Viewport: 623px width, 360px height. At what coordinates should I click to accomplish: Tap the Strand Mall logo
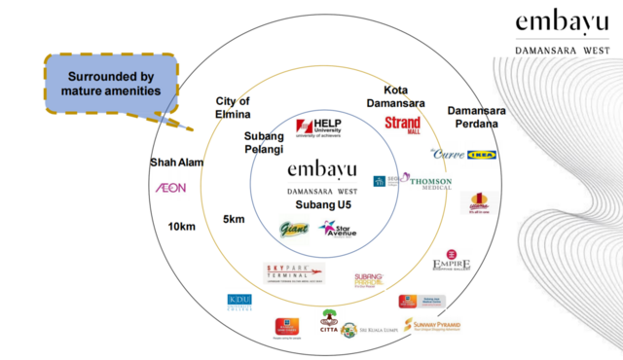(x=402, y=125)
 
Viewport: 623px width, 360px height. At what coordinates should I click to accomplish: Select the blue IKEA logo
(x=482, y=155)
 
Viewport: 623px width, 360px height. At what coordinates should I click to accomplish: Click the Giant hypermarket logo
(x=294, y=229)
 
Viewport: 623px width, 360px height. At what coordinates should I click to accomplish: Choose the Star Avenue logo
(x=340, y=230)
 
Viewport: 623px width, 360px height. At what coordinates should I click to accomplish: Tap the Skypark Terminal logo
(x=294, y=273)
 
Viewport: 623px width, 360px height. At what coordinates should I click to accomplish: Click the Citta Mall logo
(x=330, y=321)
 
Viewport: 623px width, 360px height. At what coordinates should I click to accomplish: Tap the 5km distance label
(x=234, y=219)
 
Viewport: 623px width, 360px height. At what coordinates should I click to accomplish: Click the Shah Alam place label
(x=177, y=162)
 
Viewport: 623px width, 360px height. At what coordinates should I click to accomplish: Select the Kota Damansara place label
(x=395, y=96)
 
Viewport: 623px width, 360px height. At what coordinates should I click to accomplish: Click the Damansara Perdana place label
(x=473, y=118)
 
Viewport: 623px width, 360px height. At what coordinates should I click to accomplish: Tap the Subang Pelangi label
(x=264, y=143)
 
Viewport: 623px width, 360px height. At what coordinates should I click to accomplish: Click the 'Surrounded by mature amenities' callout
(x=113, y=84)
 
